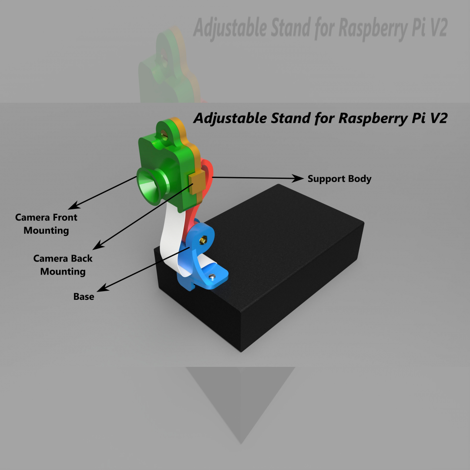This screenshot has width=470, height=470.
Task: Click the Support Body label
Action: pos(339,179)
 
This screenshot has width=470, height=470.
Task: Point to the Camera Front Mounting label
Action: pos(46,224)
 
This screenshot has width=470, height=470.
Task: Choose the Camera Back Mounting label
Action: pos(63,265)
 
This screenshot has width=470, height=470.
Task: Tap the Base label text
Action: pos(84,297)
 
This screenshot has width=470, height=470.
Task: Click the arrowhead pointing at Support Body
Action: pos(299,178)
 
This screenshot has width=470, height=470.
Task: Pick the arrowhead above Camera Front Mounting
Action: pos(75,205)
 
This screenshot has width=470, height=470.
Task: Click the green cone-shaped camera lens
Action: pos(150,185)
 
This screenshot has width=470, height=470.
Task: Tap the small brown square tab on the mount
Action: pos(197,181)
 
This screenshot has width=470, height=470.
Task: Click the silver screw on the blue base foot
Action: pos(212,276)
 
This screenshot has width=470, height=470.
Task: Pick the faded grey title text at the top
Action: pos(320,29)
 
